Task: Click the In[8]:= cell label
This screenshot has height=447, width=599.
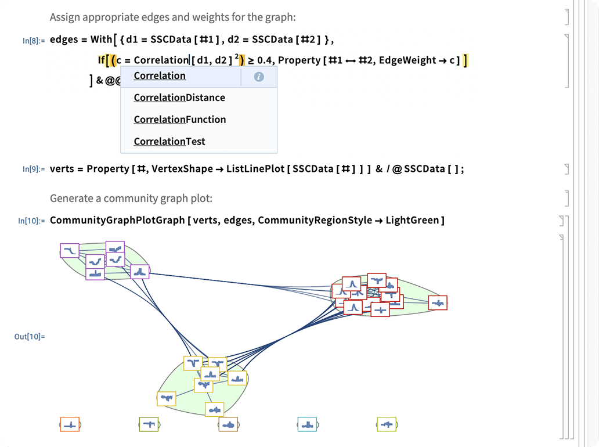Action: (x=33, y=41)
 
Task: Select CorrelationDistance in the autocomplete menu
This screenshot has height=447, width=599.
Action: (x=179, y=98)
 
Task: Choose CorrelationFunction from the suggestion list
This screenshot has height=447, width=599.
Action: (x=180, y=120)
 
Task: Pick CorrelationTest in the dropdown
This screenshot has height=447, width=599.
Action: (x=169, y=142)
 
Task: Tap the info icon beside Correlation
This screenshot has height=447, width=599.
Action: (x=259, y=77)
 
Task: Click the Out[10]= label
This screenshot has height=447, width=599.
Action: (x=30, y=336)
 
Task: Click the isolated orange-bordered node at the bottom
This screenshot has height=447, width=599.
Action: (x=70, y=424)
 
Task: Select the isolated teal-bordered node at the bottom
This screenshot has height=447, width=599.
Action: (x=307, y=424)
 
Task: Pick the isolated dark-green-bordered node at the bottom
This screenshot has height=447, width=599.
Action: (x=149, y=424)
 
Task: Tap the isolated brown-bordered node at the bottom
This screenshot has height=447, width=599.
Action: (x=228, y=424)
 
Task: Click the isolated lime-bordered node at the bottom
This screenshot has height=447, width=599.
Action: (x=386, y=424)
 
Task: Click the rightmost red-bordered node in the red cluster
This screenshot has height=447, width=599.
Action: (x=438, y=302)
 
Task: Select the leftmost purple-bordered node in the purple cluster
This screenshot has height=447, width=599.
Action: (x=70, y=250)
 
